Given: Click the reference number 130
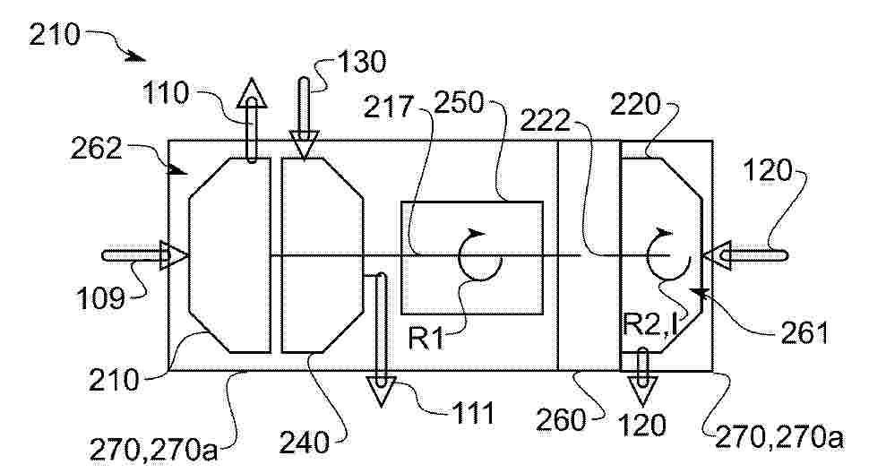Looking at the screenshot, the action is [x=361, y=62].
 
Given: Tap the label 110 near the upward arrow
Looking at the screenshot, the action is [x=167, y=93].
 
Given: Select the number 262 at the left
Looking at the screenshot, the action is [x=96, y=149].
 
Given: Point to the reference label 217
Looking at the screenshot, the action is [x=389, y=107].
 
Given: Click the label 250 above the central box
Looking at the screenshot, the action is [x=459, y=102].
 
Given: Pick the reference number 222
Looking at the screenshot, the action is [x=546, y=120].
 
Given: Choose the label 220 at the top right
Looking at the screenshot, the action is [x=636, y=104].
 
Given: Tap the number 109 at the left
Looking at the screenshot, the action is [x=100, y=299].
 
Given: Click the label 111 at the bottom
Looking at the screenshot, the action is [x=473, y=413].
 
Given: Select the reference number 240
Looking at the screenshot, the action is [x=305, y=443].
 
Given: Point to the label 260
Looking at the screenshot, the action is [x=561, y=421].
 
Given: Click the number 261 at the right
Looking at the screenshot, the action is [x=804, y=333].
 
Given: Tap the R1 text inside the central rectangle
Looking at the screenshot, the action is [x=426, y=339].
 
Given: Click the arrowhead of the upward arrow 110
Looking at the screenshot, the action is [x=252, y=92].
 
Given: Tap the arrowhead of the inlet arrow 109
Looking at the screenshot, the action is [x=174, y=255].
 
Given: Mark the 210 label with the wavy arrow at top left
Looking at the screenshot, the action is [x=55, y=36].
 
